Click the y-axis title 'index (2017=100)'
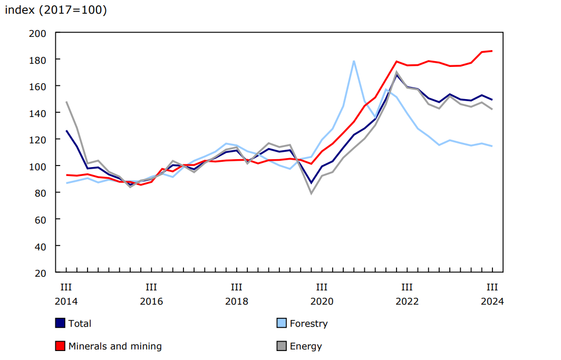click(x=55, y=10)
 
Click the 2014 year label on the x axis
click(x=66, y=301)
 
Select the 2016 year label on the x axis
click(x=151, y=301)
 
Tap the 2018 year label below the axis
click(x=236, y=301)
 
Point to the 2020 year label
click(x=322, y=301)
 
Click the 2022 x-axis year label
click(x=407, y=301)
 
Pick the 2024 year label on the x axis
click(x=492, y=301)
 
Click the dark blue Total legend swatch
click(x=60, y=323)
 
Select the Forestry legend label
click(x=308, y=324)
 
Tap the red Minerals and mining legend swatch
click(x=60, y=346)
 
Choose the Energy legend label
click(x=306, y=346)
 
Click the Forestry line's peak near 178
click(x=354, y=61)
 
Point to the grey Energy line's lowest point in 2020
click(x=311, y=193)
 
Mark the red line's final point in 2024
click(x=492, y=51)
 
